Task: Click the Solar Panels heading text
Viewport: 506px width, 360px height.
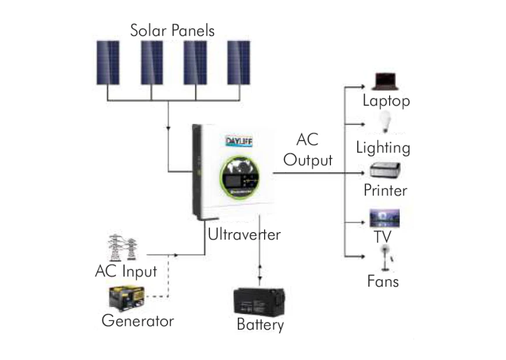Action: coord(172,30)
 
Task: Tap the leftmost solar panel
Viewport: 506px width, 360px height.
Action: coord(108,63)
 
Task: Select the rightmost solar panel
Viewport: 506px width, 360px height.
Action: coord(238,63)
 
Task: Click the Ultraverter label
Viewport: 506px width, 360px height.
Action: coord(244,235)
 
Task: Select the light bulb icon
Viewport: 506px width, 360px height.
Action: coord(384,123)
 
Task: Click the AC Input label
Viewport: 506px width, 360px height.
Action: coord(126,272)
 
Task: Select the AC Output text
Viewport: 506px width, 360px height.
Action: coord(308,150)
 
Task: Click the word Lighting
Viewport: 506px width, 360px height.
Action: coord(383,147)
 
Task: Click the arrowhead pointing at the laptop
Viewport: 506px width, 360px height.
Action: coord(361,87)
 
